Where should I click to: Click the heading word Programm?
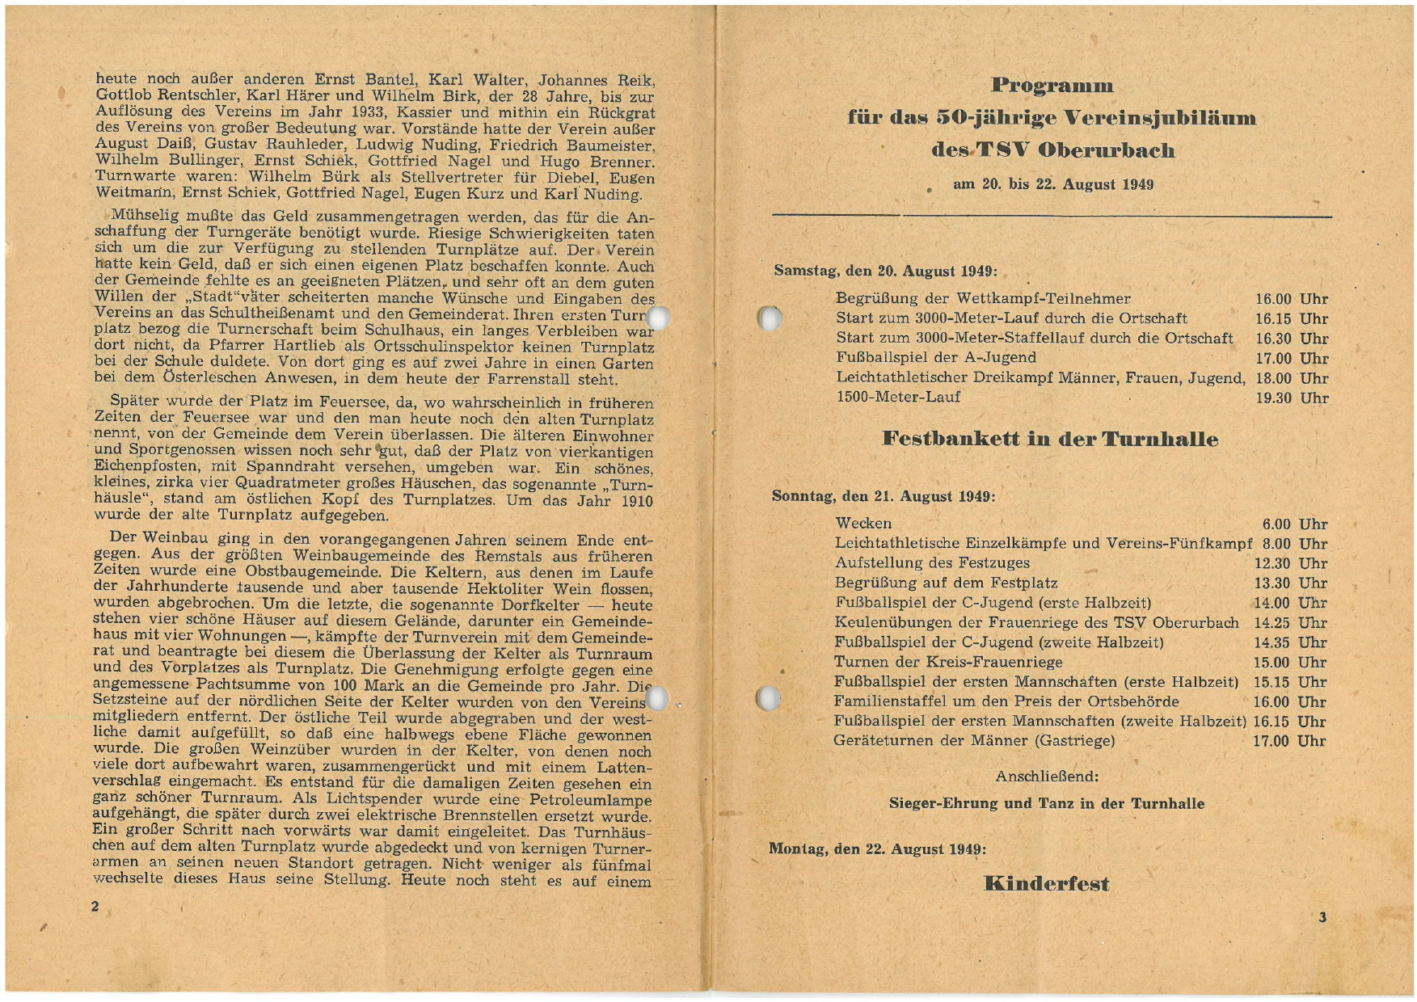[x=1052, y=86]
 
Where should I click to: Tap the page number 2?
[x=95, y=907]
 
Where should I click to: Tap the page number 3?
[x=1322, y=917]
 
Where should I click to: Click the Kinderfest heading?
[x=1046, y=883]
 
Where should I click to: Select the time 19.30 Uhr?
[x=1291, y=398]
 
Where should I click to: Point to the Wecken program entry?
[x=863, y=524]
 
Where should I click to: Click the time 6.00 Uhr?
[x=1294, y=524]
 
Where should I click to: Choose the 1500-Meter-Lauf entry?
[x=898, y=397]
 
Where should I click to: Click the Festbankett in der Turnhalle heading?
[x=1049, y=440]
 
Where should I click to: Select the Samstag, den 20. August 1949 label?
[x=885, y=271]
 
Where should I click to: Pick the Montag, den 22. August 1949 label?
[x=877, y=849]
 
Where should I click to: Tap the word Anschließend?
[x=1046, y=777]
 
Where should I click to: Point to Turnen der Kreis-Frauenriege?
[x=948, y=663]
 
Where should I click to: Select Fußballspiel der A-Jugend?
[x=936, y=357]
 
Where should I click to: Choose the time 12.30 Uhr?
[x=1290, y=563]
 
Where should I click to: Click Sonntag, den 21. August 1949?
[x=883, y=496]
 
